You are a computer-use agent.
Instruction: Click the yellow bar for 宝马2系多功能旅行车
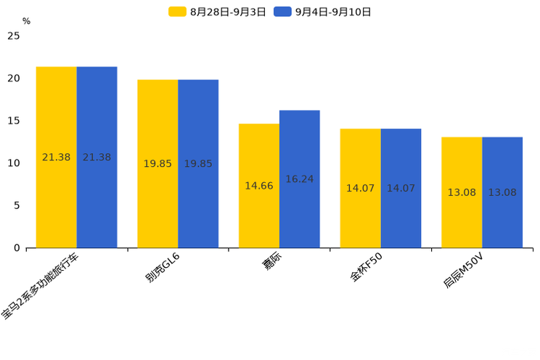(57, 157)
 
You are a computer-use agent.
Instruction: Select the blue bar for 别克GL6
(198, 163)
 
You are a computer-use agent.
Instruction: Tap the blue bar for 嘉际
(300, 179)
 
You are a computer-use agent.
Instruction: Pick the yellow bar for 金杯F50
(361, 188)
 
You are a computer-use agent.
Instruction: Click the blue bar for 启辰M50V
(502, 192)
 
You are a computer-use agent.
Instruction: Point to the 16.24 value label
(300, 179)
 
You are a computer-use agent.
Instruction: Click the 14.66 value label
(259, 186)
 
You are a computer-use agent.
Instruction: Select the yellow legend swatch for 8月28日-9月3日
(177, 12)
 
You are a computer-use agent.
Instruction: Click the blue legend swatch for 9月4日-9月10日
(283, 12)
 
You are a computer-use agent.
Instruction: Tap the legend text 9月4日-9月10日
(333, 12)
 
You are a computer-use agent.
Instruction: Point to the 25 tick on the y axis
(14, 36)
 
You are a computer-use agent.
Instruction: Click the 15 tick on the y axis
(14, 120)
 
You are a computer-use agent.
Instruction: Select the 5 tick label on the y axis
(17, 205)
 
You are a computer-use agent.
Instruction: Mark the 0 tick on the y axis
(17, 248)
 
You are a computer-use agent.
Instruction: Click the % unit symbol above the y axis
(27, 21)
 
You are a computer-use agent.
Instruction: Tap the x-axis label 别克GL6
(163, 268)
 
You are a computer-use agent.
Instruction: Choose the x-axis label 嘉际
(272, 261)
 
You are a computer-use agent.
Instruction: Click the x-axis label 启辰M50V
(464, 270)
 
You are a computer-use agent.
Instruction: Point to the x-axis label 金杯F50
(366, 267)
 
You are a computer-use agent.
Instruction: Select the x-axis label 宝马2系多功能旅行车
(40, 286)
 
